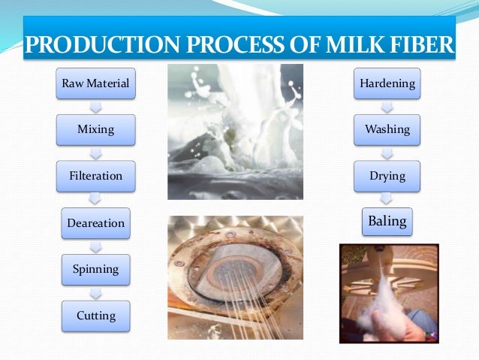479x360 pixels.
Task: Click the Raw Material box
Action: point(95,83)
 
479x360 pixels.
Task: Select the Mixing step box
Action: point(95,129)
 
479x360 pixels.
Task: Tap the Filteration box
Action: point(95,176)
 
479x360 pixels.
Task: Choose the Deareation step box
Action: point(95,222)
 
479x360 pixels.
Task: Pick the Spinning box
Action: point(95,269)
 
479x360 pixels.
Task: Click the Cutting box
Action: point(95,316)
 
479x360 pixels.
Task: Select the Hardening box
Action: point(387,83)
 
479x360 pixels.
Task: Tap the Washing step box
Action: point(387,129)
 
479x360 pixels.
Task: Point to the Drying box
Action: point(387,176)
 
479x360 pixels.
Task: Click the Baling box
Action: point(387,222)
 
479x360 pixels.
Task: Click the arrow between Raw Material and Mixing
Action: point(95,107)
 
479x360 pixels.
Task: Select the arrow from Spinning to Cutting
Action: point(95,292)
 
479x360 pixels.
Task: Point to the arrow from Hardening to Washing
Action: point(387,107)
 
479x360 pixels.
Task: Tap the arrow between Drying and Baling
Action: point(387,198)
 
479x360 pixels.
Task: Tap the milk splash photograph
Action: point(234,132)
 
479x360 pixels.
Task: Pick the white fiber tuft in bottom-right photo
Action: point(379,304)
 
